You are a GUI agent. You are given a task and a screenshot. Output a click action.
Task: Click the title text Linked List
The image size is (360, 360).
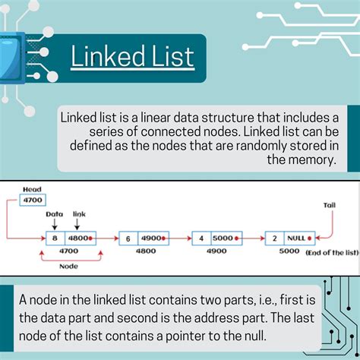point(132,56)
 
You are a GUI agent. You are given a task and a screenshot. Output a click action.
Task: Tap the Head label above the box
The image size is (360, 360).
point(32,189)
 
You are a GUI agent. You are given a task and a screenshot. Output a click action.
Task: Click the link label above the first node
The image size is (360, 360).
point(79,214)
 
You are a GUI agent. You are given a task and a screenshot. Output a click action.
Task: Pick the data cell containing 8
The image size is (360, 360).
point(55,238)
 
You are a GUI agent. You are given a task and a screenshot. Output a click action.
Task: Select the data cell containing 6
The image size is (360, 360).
point(128,238)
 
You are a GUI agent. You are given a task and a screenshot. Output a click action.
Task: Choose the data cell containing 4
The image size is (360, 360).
point(201,238)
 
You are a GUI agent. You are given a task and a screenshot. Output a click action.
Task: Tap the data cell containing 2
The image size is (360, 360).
point(275,238)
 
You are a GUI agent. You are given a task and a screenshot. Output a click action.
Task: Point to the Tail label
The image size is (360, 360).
point(329,205)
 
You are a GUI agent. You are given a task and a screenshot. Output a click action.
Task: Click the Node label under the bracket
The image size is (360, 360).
point(68,267)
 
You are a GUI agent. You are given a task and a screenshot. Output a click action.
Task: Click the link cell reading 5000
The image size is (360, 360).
point(223,238)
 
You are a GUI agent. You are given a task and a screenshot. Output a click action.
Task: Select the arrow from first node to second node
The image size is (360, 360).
point(106,238)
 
